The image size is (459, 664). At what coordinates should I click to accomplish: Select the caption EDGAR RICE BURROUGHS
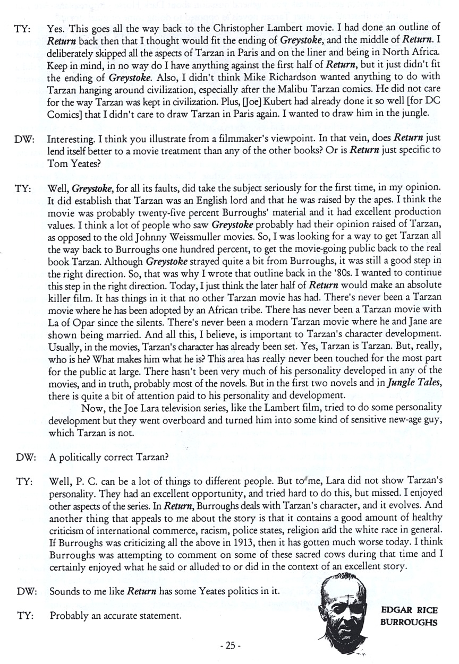(409, 616)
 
